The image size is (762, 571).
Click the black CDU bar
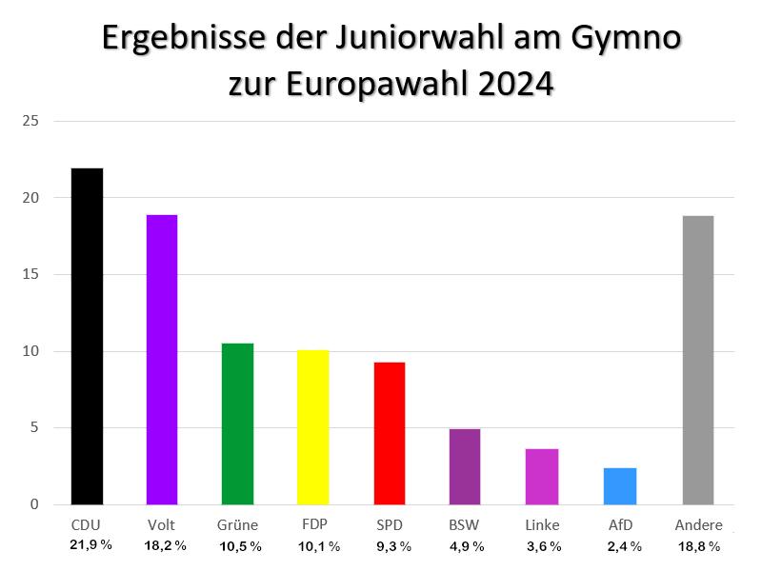[87, 337]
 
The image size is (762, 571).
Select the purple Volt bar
[161, 360]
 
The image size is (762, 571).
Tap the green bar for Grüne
[237, 423]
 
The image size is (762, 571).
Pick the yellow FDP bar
[313, 427]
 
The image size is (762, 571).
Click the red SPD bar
[390, 433]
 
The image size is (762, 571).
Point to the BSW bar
[465, 466]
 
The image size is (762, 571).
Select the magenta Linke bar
[542, 476]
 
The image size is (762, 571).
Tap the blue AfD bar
[619, 485]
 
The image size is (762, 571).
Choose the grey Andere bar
[698, 360]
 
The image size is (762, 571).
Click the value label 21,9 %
[90, 545]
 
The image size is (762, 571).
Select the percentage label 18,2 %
[165, 545]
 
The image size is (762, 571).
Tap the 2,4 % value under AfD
[624, 546]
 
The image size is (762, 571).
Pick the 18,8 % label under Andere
[698, 546]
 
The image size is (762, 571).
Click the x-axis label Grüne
[238, 525]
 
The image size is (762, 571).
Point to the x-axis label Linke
[542, 525]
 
